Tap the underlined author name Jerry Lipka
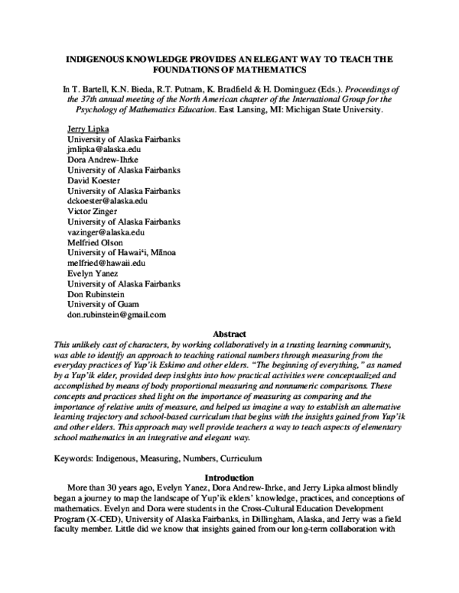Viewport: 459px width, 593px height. pyautogui.click(x=88, y=130)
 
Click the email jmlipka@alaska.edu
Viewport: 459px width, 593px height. pyautogui.click(x=103, y=151)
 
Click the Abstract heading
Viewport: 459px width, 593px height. pyautogui.click(x=229, y=334)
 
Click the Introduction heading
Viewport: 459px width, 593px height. pyautogui.click(x=229, y=478)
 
